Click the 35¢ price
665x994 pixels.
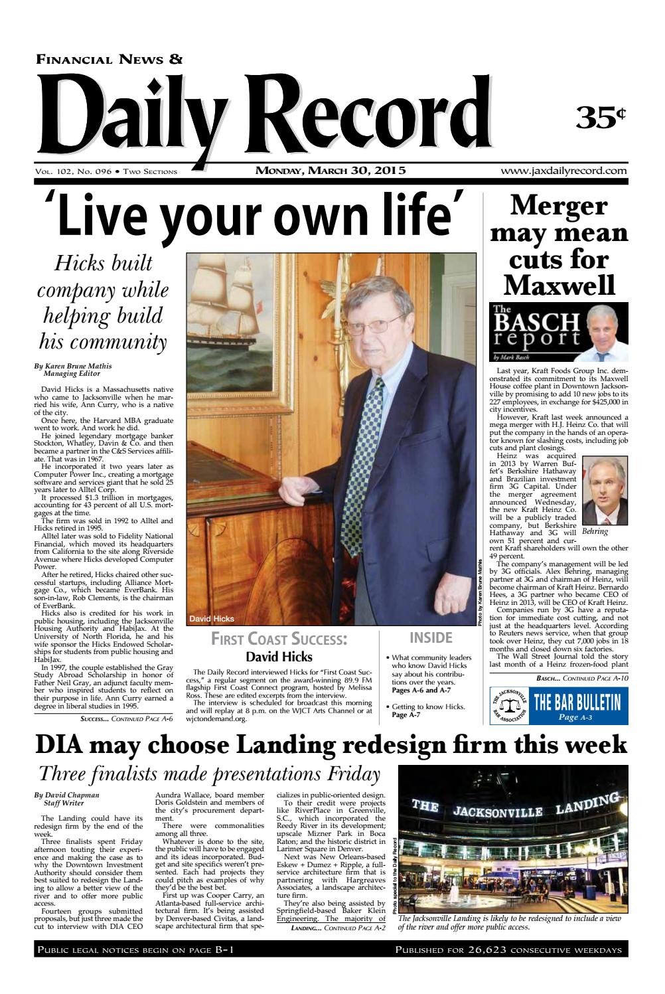click(x=600, y=118)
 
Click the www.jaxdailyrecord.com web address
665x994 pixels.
click(x=564, y=171)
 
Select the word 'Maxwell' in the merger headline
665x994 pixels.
click(x=559, y=285)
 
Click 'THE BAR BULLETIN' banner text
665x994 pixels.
click(x=577, y=701)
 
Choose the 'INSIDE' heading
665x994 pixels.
click(x=431, y=638)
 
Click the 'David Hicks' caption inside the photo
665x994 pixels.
click(x=212, y=619)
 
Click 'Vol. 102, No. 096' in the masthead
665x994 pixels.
click(x=72, y=172)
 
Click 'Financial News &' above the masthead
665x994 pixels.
click(x=110, y=60)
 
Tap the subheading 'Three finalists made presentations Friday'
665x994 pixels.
click(x=210, y=774)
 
